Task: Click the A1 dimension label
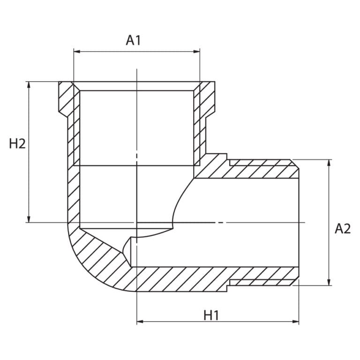pyautogui.click(x=133, y=40)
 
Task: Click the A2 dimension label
pyautogui.click(x=343, y=229)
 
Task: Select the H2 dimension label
pyautogui.click(x=17, y=144)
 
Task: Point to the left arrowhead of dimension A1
pyautogui.click(x=77, y=52)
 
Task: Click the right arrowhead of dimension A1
pyautogui.click(x=197, y=52)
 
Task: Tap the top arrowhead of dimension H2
pyautogui.click(x=29, y=85)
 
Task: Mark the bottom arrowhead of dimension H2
pyautogui.click(x=29, y=219)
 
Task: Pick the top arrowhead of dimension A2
pyautogui.click(x=329, y=163)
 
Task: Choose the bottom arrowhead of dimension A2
pyautogui.click(x=329, y=282)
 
